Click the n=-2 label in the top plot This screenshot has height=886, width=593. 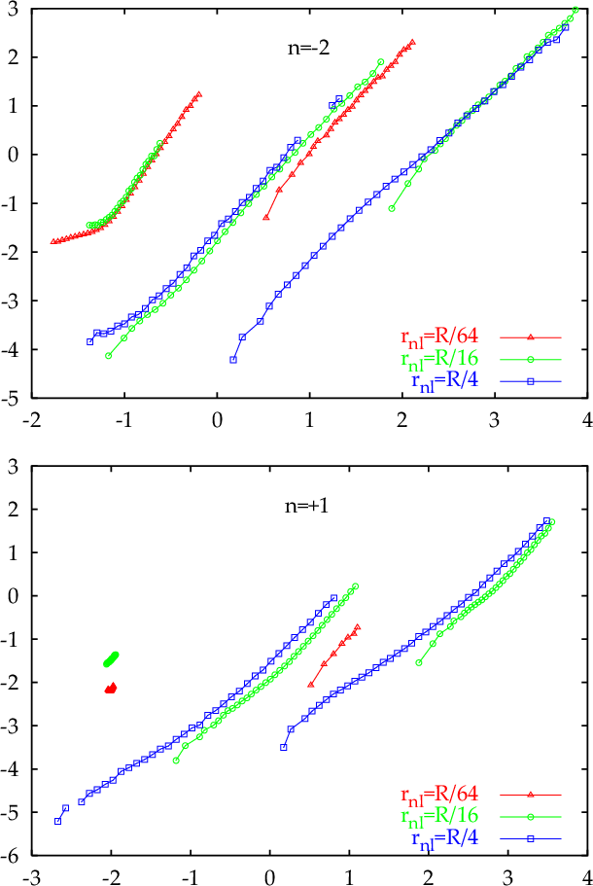[x=308, y=48]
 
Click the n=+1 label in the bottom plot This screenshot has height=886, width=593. [x=306, y=505]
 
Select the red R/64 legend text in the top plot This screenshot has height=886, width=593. [x=439, y=337]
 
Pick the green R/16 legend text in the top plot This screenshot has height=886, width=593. [x=439, y=359]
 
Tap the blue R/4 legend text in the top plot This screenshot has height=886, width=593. [x=445, y=381]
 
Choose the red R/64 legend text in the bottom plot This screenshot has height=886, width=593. [x=439, y=795]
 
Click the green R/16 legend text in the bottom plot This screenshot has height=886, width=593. [x=439, y=817]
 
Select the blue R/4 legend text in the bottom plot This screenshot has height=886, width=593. [x=445, y=838]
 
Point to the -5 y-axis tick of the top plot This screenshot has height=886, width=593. [x=14, y=398]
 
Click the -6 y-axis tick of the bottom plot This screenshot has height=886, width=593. [x=14, y=856]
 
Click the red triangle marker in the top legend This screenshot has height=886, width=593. [x=531, y=337]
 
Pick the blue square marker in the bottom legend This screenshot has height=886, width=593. [x=531, y=839]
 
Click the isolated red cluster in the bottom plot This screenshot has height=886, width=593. [x=111, y=689]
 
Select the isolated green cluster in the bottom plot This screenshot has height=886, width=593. [x=111, y=658]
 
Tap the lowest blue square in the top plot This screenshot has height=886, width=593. [x=232, y=360]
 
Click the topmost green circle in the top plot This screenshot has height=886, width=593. [x=576, y=10]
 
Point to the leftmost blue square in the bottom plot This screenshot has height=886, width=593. [x=57, y=821]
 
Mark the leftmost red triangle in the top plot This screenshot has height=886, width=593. [x=53, y=241]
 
